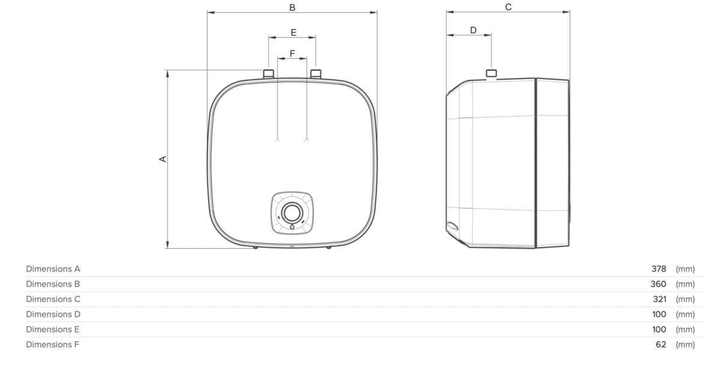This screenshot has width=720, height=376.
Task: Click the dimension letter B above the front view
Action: [x=292, y=7]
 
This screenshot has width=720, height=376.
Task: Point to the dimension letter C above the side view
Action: [x=508, y=7]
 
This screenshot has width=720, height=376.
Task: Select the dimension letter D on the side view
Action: [x=473, y=30]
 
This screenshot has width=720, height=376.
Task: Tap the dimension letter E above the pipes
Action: [x=293, y=32]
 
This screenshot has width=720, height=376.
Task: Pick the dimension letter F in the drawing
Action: [x=292, y=53]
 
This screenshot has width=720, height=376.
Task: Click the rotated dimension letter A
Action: [x=163, y=159]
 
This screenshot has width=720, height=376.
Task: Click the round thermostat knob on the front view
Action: [x=292, y=213]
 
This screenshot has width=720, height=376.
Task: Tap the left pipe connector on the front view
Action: [x=269, y=74]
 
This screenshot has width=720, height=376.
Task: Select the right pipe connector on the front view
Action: [x=316, y=74]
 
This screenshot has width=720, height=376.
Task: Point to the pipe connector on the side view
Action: [x=491, y=73]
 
